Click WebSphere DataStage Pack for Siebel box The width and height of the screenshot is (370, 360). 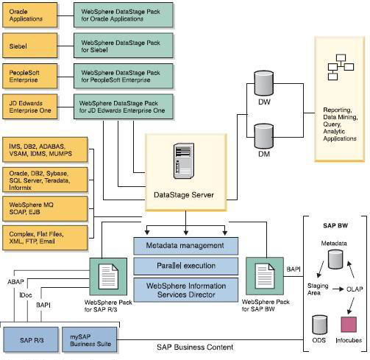pyautogui.click(x=123, y=46)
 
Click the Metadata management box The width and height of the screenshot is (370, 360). pyautogui.click(x=185, y=246)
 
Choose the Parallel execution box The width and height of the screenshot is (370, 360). pyautogui.click(x=185, y=266)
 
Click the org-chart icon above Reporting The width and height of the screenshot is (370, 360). pyautogui.click(x=340, y=69)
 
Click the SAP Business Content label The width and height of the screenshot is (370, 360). pyautogui.click(x=194, y=346)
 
